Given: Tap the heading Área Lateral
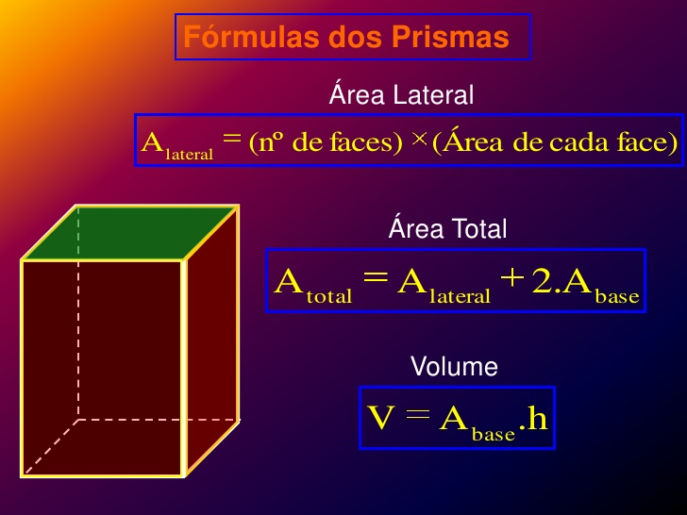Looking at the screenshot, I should pyautogui.click(x=401, y=94).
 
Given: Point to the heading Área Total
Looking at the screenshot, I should pyautogui.click(x=447, y=229).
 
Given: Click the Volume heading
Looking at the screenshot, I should pyautogui.click(x=454, y=366).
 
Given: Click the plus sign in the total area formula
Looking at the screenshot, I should pyautogui.click(x=511, y=281).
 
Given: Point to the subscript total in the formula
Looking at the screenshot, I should pyautogui.click(x=329, y=296).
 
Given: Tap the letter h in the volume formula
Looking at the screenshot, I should pyautogui.click(x=536, y=418).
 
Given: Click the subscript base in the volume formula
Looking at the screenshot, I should pyautogui.click(x=493, y=434).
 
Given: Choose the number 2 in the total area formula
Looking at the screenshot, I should pyautogui.click(x=543, y=281).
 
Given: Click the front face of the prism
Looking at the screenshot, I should pyautogui.click(x=102, y=368).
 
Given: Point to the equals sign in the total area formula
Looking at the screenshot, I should pyautogui.click(x=375, y=281).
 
